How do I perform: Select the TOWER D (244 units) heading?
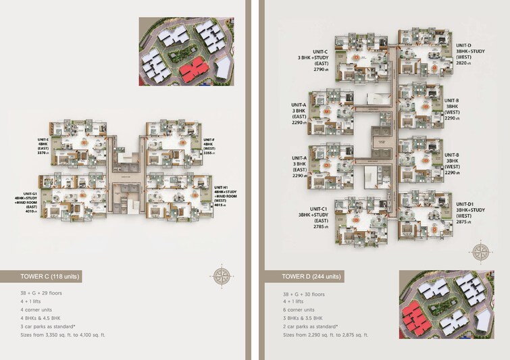point(312,276)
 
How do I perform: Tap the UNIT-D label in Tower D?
point(463,45)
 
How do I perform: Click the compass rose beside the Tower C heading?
point(222,276)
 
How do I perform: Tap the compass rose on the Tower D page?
point(480,252)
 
